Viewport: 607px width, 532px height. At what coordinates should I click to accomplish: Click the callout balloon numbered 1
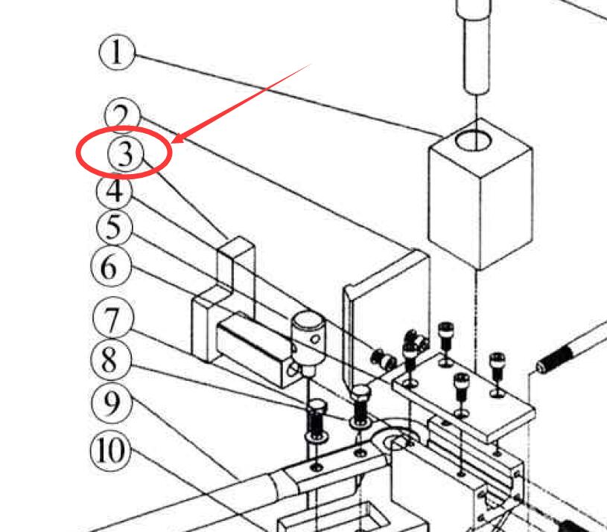[117, 54]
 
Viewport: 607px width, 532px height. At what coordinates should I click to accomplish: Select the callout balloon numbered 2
[122, 115]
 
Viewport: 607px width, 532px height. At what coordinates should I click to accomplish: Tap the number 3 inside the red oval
[125, 154]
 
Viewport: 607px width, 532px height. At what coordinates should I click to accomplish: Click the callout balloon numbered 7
[111, 321]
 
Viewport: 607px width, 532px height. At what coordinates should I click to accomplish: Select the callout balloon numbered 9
[110, 403]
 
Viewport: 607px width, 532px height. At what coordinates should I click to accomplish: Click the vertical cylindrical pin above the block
[474, 45]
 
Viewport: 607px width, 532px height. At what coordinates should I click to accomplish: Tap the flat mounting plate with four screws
[462, 391]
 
